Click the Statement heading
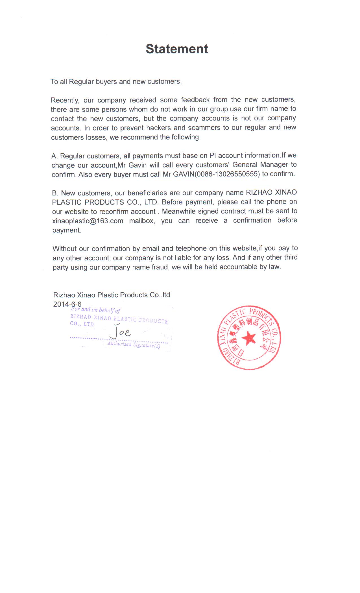(x=177, y=49)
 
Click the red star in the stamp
(x=249, y=338)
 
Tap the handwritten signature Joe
(x=121, y=332)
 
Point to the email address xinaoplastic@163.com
(x=88, y=221)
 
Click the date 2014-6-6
(x=67, y=304)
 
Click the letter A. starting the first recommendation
(x=54, y=156)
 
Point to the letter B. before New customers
(x=55, y=193)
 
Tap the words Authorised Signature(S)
(x=134, y=345)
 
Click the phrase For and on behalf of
(x=95, y=310)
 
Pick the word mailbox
(x=142, y=221)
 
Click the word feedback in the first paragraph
(x=195, y=100)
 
